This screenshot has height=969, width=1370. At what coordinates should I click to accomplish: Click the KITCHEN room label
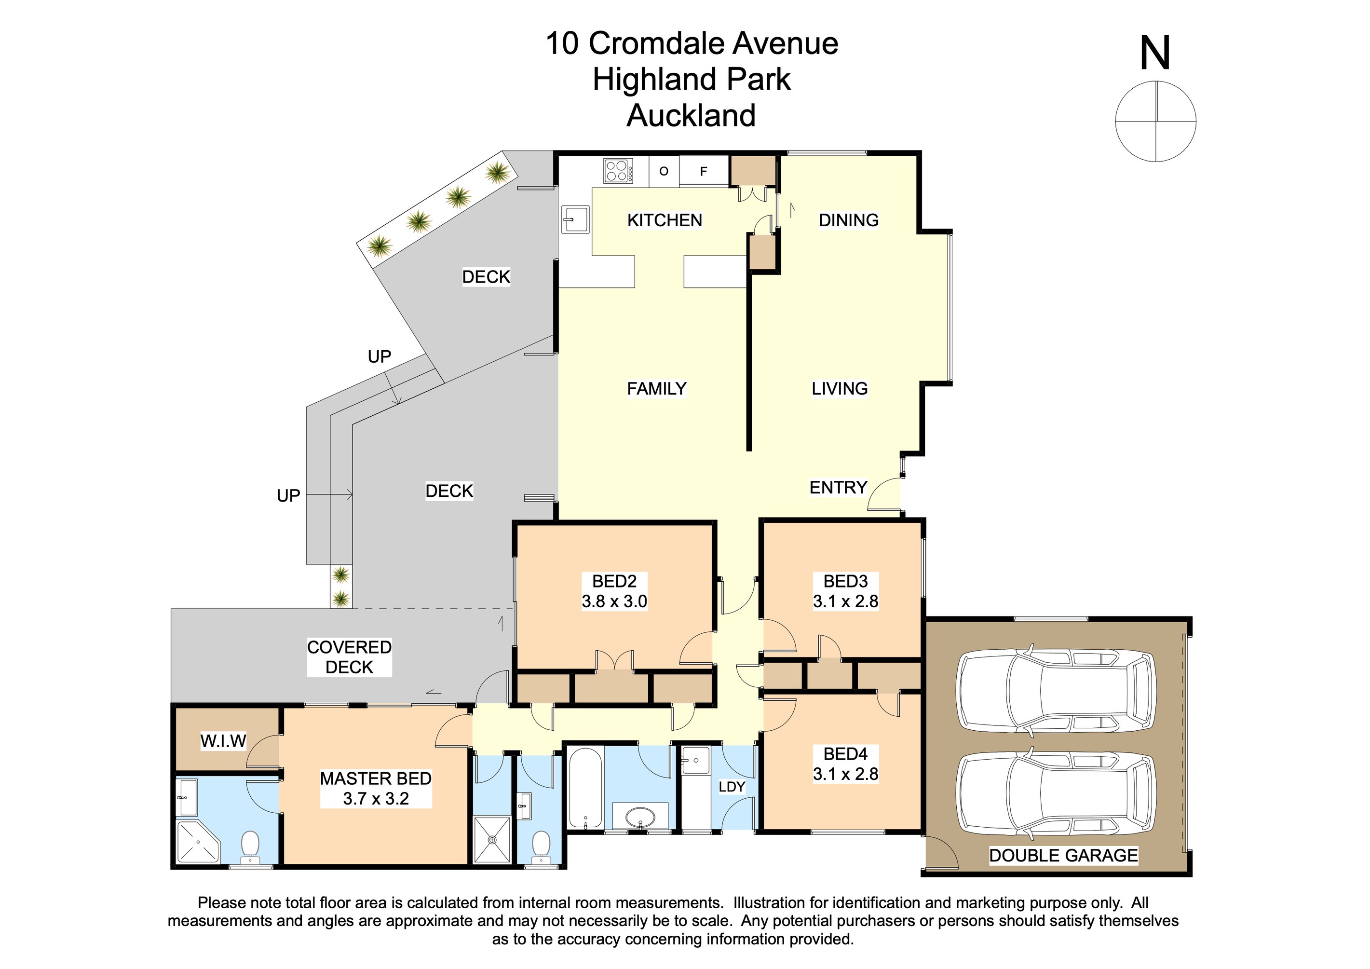[664, 220]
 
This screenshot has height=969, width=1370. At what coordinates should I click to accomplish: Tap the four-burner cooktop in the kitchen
[618, 171]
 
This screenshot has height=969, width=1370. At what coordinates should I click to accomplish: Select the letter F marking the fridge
[704, 172]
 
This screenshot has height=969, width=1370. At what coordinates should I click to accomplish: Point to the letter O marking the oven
[664, 171]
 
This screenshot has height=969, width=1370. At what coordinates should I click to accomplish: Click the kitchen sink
[575, 219]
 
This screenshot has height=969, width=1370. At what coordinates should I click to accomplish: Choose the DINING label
[849, 220]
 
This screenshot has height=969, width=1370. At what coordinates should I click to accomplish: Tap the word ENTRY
[838, 488]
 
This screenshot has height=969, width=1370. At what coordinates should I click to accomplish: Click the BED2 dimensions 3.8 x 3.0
[614, 601]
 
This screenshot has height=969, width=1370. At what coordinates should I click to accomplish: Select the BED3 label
[845, 581]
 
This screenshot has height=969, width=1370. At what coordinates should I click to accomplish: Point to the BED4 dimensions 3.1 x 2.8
[845, 774]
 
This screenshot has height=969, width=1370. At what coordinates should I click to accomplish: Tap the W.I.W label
[223, 741]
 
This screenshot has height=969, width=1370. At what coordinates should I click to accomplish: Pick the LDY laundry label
[732, 787]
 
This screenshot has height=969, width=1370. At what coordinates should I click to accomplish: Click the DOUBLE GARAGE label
[1063, 855]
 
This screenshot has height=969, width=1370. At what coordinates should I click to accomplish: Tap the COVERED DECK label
[349, 657]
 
